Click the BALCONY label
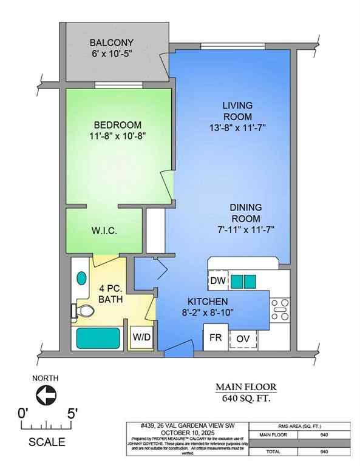111,43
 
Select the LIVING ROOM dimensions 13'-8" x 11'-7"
237,127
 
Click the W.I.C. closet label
104,232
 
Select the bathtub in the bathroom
98,339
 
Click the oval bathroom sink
82,279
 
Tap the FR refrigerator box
215,338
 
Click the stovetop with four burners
279,309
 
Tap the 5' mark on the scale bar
72,414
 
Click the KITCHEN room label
207,302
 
